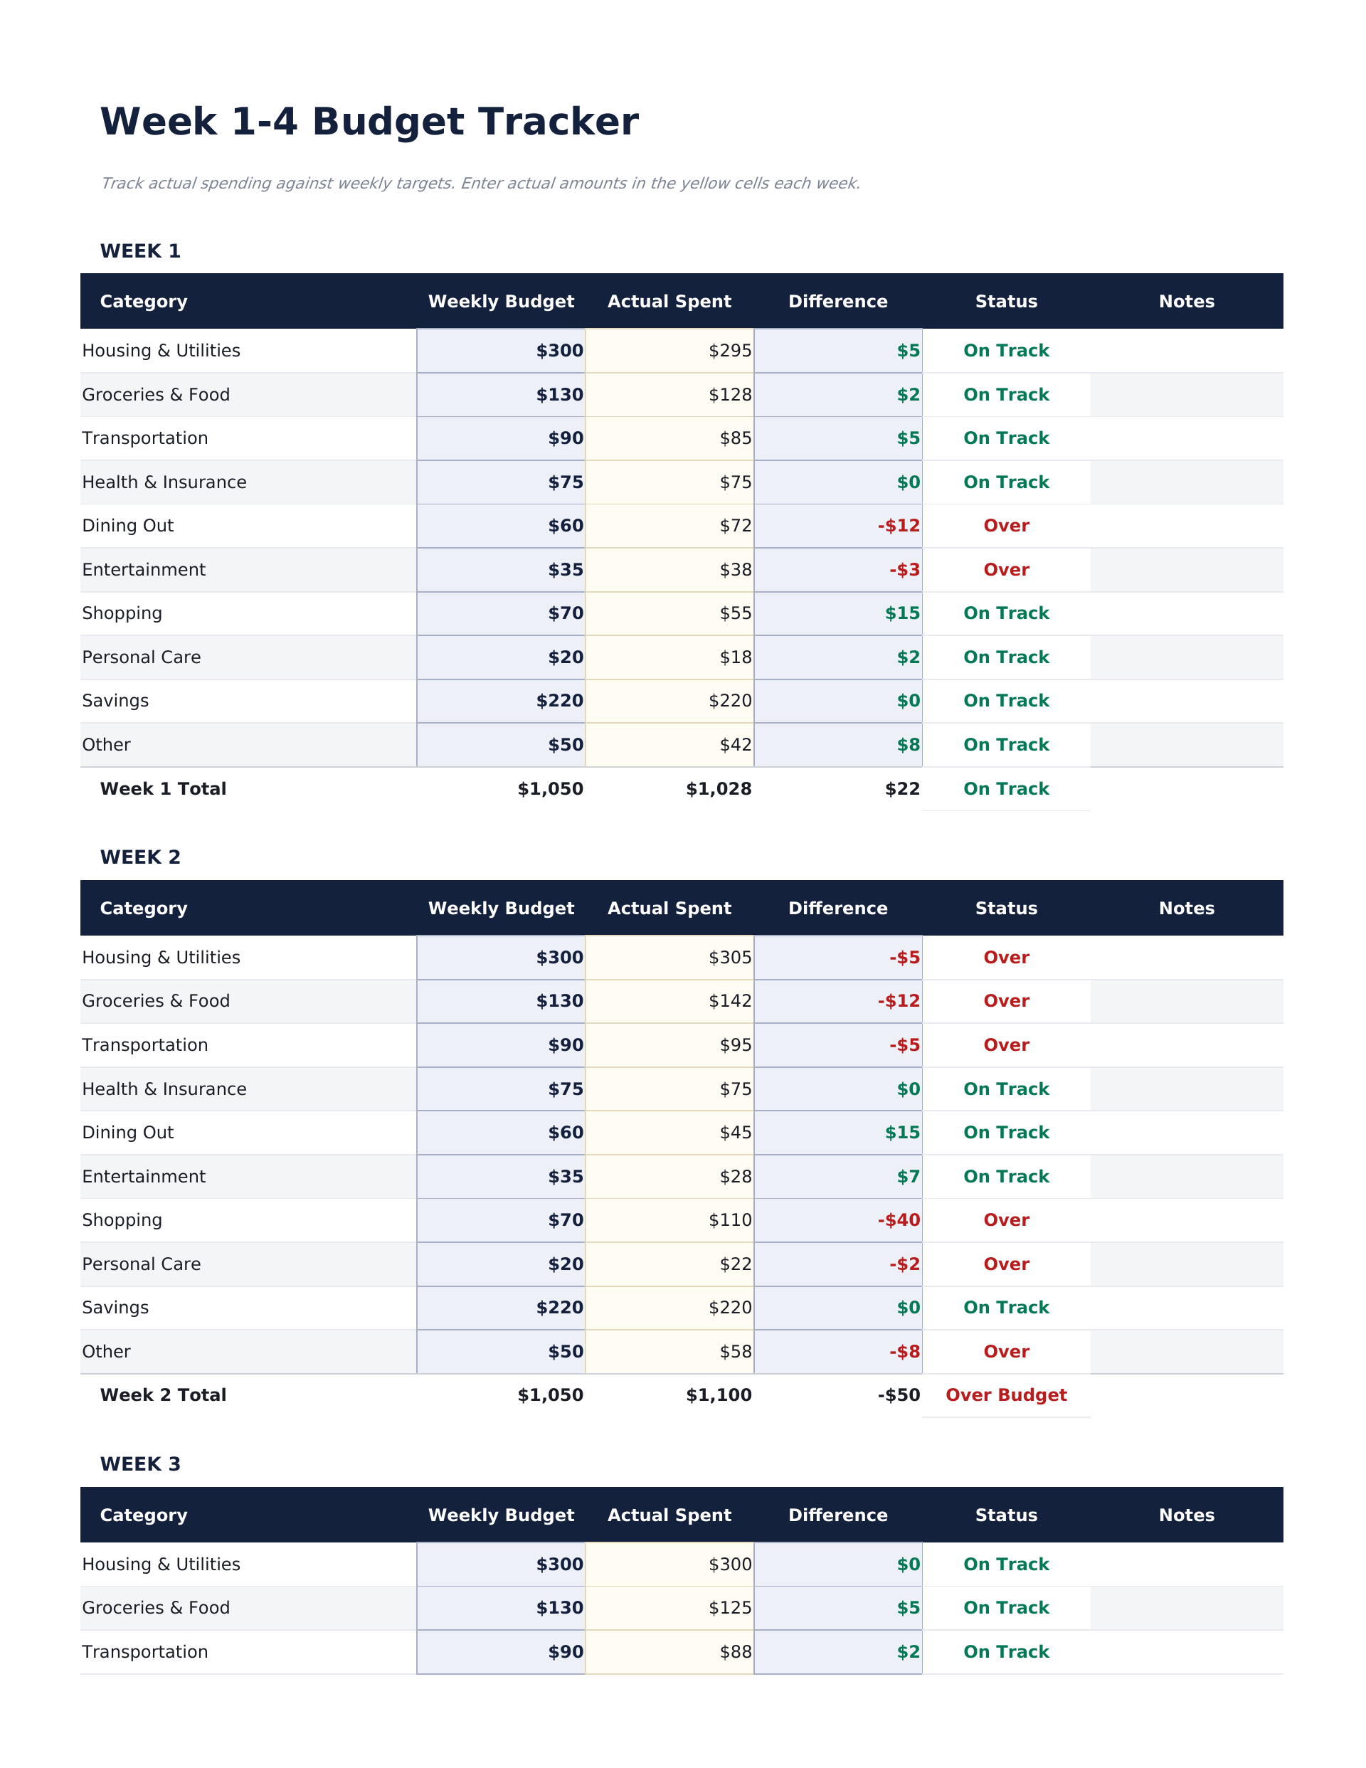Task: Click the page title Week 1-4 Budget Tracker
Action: (x=369, y=122)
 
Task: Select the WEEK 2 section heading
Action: (x=140, y=857)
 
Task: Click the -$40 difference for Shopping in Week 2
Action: (x=899, y=1220)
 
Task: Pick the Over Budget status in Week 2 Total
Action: (x=1006, y=1394)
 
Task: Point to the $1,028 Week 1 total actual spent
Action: (x=719, y=789)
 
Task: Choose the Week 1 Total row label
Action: (x=163, y=789)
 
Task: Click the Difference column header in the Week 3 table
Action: (x=837, y=1515)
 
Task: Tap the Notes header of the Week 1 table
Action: (x=1186, y=302)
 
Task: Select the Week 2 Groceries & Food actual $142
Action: (x=729, y=1001)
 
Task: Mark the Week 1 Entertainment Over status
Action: (x=1006, y=570)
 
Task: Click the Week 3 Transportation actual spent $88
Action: (x=735, y=1652)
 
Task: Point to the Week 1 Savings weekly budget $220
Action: (x=559, y=701)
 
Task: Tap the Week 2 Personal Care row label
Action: (x=142, y=1264)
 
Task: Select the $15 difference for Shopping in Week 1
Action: (x=902, y=613)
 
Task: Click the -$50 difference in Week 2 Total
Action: (x=899, y=1394)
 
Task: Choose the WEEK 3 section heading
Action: (x=140, y=1464)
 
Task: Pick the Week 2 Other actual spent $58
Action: (x=735, y=1352)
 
